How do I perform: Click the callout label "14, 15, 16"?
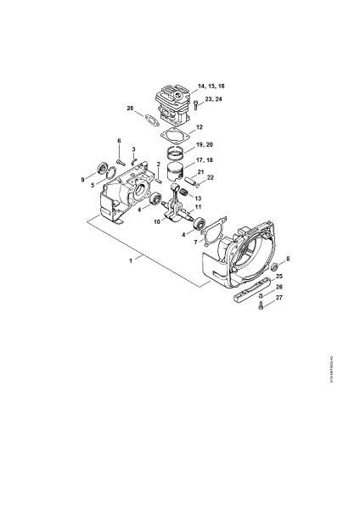coord(212,87)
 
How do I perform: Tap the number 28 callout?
coord(130,109)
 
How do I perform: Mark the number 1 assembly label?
coord(130,261)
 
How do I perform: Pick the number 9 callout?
coord(82,179)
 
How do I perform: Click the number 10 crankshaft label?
coord(156,222)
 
